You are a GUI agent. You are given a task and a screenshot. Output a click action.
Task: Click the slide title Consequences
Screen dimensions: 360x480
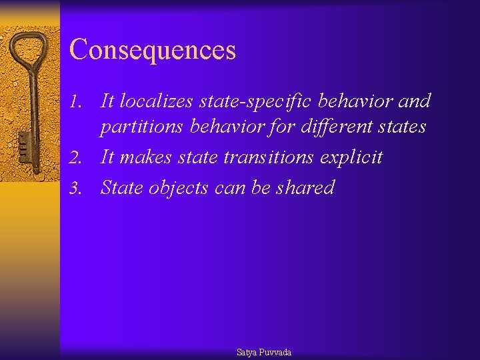(x=153, y=50)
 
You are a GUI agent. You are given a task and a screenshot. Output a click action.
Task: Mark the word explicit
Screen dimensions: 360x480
(x=351, y=158)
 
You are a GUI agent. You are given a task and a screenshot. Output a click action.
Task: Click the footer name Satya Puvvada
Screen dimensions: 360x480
(x=264, y=352)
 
